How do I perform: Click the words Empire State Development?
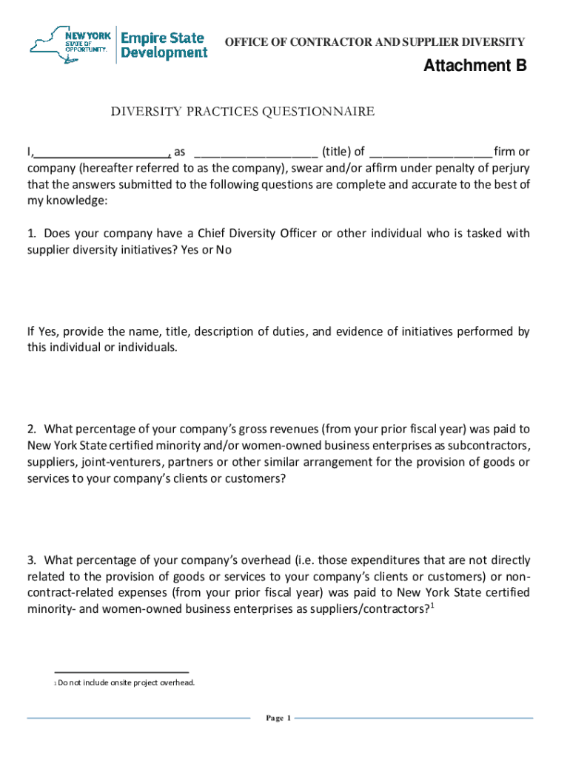click(x=164, y=45)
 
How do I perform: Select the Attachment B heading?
click(x=475, y=67)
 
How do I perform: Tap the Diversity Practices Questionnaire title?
click(x=242, y=112)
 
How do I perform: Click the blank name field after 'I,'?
click(x=101, y=152)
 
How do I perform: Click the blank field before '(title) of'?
click(x=255, y=152)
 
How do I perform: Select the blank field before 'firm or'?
click(x=430, y=152)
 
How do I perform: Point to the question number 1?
click(x=31, y=234)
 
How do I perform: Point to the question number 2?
click(x=31, y=429)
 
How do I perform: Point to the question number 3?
click(x=31, y=560)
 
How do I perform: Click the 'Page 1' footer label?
click(x=279, y=718)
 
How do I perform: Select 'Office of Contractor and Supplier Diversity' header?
click(x=375, y=42)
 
